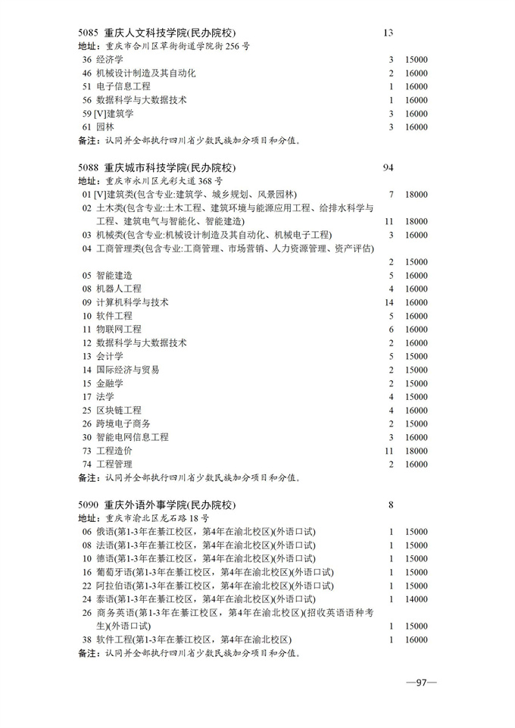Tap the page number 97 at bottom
point(421,683)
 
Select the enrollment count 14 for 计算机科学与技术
point(390,302)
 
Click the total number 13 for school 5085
point(389,33)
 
